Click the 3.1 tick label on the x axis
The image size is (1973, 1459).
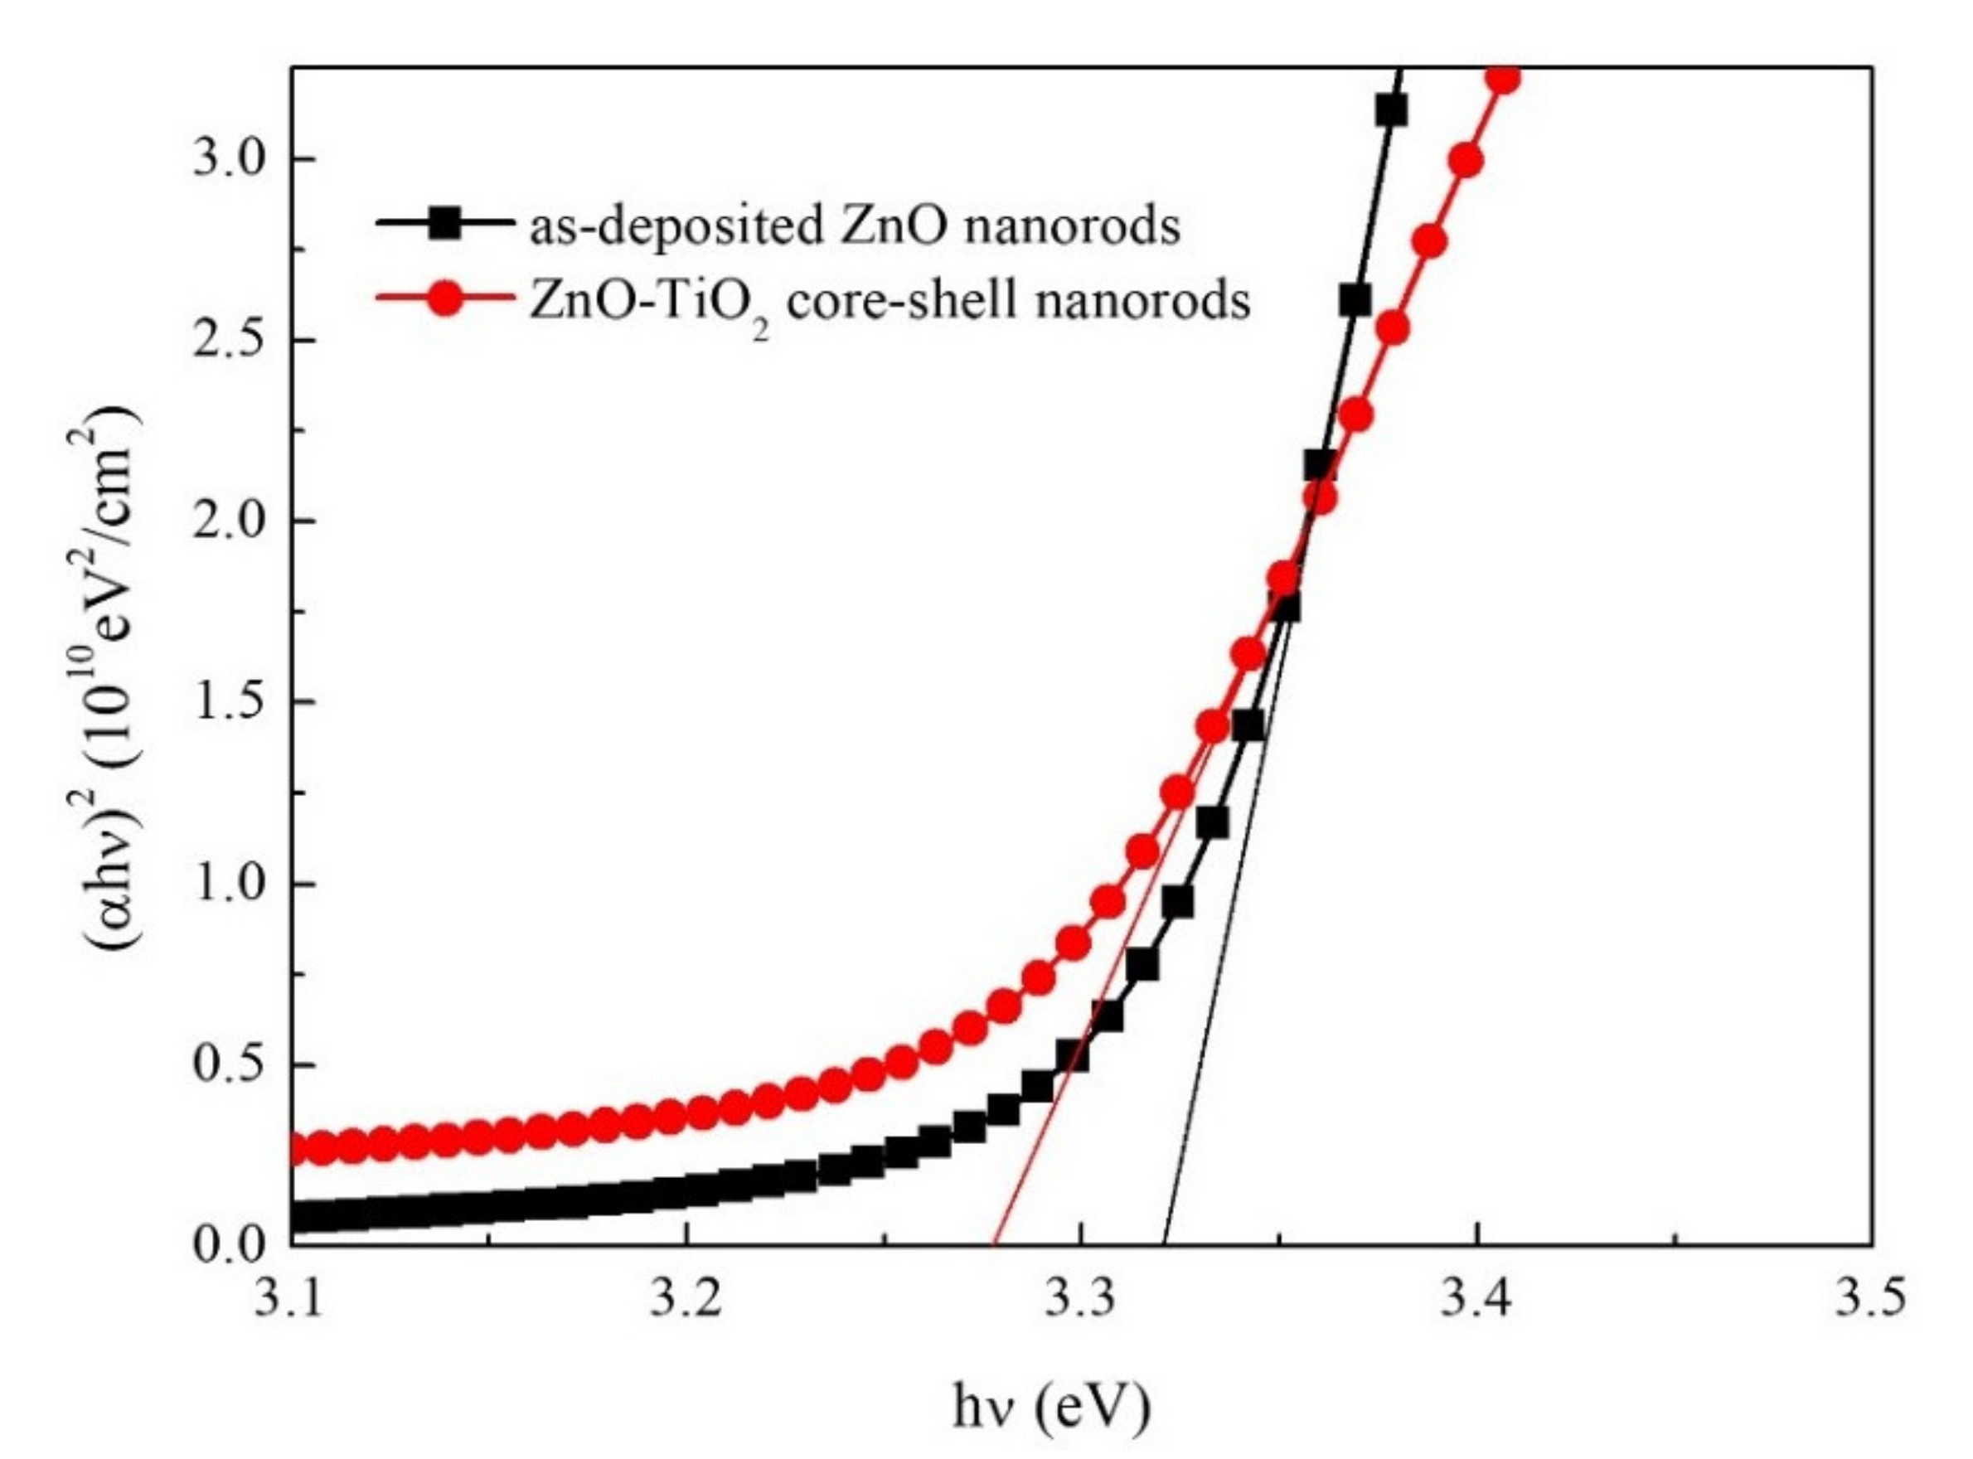[292, 1301]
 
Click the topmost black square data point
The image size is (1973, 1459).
[1391, 111]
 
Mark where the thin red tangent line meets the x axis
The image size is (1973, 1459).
[996, 1245]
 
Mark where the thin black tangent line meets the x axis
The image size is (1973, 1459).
[1166, 1245]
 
